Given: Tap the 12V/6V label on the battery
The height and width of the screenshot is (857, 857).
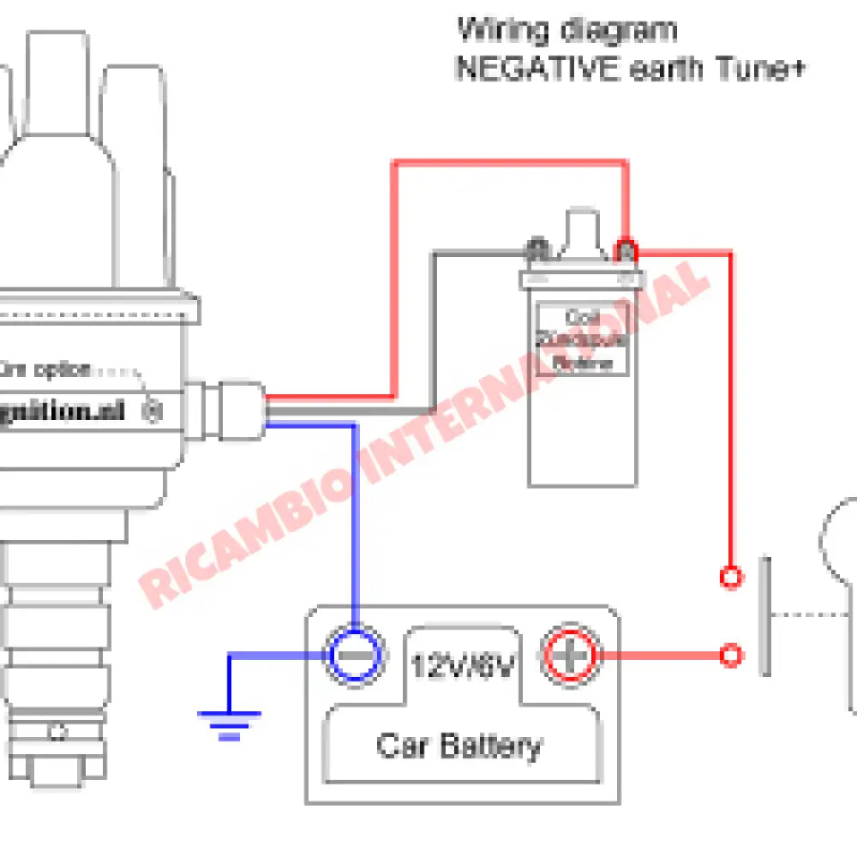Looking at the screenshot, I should (463, 665).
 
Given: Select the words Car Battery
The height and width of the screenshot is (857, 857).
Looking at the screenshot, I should (459, 746).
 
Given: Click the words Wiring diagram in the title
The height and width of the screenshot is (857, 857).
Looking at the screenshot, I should (566, 30).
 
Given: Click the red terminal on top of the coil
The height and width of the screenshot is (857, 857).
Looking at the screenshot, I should (626, 251).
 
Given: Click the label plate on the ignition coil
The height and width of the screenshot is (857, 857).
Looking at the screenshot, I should (583, 340).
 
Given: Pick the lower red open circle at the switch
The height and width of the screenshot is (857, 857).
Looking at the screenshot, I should (730, 656).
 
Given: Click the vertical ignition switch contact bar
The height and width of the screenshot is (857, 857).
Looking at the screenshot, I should (764, 615).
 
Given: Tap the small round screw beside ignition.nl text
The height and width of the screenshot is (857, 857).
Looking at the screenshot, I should (153, 411).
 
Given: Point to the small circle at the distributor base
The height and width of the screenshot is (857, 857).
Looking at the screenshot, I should (57, 732).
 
